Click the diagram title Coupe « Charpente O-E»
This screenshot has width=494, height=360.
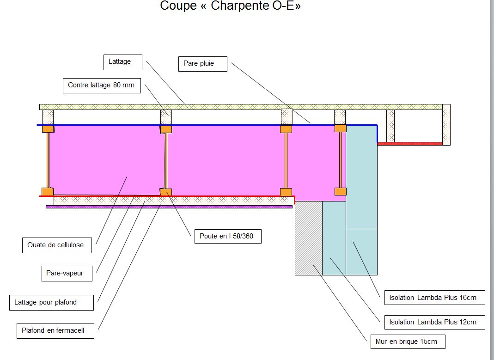click(x=230, y=6)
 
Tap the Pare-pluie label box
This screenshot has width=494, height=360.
click(x=202, y=64)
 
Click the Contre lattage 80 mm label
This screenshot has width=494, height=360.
click(x=101, y=85)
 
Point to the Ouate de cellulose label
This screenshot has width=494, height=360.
click(x=56, y=245)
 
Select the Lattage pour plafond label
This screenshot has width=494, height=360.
click(x=51, y=303)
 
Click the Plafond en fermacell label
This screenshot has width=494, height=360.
click(x=53, y=331)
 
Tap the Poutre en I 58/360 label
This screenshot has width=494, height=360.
click(x=227, y=237)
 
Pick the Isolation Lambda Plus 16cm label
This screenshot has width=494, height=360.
click(x=434, y=298)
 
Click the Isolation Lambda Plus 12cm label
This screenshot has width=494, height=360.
click(x=434, y=322)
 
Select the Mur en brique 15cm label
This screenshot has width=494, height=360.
click(x=408, y=342)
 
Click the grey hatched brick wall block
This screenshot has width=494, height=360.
click(x=308, y=238)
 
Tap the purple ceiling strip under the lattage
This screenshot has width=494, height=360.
click(x=169, y=207)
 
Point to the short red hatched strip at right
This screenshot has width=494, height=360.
click(x=410, y=144)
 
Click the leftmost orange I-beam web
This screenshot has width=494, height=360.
click(x=48, y=160)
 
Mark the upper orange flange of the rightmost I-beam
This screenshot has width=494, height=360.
click(x=341, y=128)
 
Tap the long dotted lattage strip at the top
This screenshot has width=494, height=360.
click(x=240, y=107)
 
